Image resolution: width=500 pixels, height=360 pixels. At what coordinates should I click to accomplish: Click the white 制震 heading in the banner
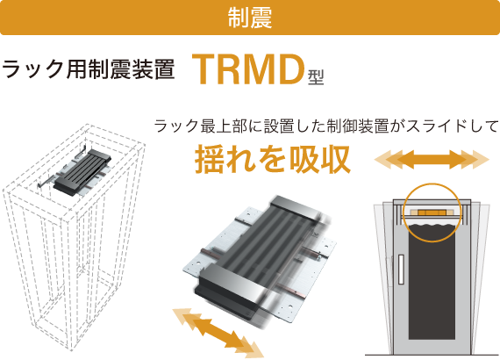250,18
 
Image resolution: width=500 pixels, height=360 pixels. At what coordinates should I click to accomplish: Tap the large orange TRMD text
248,69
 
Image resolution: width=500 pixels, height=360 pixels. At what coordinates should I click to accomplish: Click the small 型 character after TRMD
316,77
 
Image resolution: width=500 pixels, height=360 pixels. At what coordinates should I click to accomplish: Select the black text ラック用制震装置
88,68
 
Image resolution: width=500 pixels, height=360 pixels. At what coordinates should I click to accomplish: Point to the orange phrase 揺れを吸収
273,159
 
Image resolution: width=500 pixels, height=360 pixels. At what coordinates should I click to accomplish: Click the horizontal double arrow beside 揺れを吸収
432,159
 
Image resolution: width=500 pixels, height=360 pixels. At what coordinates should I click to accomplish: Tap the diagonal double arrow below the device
218,333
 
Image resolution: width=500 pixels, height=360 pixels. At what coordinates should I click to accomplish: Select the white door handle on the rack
401,269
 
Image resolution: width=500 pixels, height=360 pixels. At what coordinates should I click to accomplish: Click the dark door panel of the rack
432,283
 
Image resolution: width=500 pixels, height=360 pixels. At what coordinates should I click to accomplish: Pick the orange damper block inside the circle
432,212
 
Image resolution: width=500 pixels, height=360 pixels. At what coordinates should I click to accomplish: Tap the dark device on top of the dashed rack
82,171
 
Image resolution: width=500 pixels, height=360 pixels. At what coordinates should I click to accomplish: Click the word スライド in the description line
432,126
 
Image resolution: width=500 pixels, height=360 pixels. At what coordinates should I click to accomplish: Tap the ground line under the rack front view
432,355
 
